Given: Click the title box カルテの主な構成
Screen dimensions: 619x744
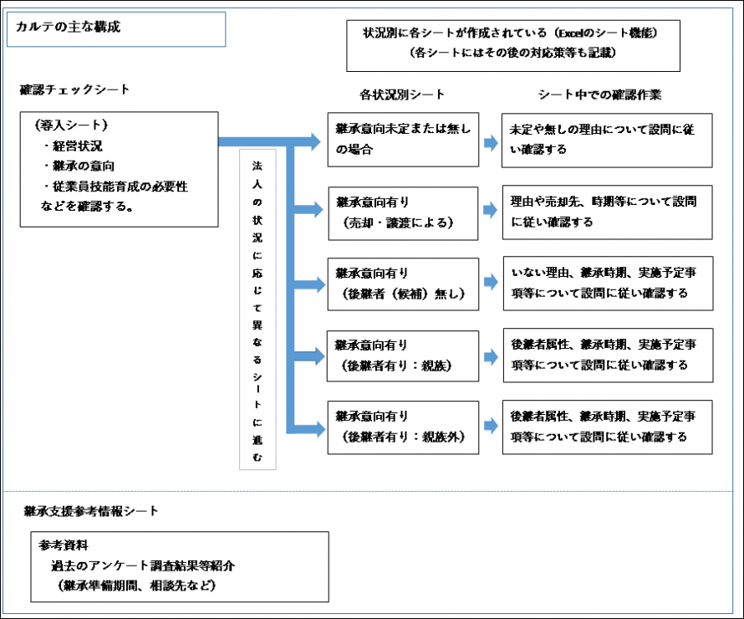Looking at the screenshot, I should (116, 28).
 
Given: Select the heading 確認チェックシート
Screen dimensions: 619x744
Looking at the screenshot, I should (75, 89).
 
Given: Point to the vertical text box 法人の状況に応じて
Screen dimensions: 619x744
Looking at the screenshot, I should (257, 309).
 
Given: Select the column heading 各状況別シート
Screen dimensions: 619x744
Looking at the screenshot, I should (402, 95).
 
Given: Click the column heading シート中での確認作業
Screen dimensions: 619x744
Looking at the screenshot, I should (600, 95).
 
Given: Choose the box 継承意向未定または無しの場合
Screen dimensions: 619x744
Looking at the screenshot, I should (403, 140).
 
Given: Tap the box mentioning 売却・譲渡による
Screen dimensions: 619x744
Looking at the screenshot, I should (403, 212).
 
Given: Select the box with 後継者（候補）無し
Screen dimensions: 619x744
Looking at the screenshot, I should (403, 284).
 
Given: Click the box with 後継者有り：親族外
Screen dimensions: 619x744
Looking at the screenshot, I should (403, 427).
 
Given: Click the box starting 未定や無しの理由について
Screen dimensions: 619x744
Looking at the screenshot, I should (608, 140).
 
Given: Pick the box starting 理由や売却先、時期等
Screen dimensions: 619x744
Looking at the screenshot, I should (608, 212).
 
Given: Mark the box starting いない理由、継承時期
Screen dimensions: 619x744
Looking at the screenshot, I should (608, 284).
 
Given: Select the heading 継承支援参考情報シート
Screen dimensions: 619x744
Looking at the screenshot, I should (92, 510).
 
